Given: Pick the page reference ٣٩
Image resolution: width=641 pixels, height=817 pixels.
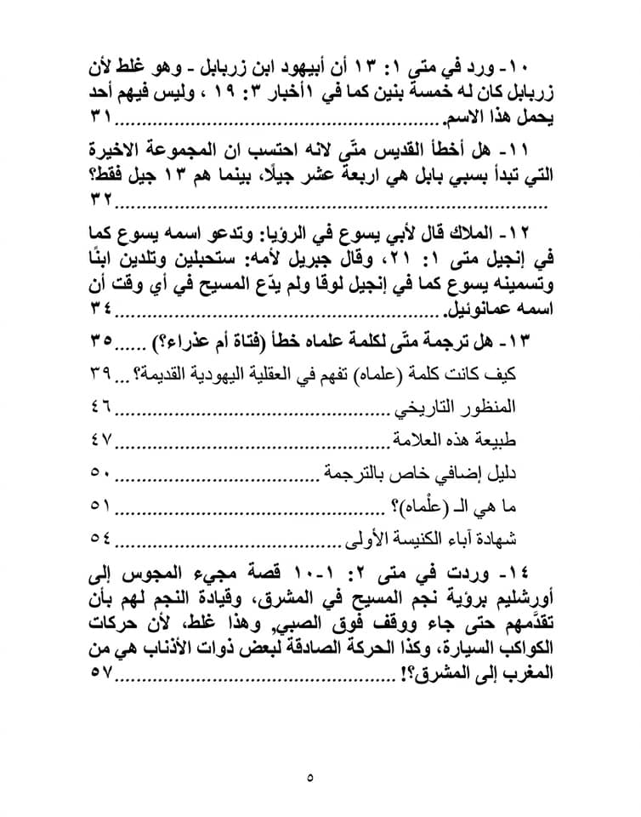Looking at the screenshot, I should point(101,375).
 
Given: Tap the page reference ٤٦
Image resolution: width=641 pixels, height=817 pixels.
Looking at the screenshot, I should point(101,408).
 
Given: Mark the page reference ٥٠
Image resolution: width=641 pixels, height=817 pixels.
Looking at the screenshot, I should point(101,473).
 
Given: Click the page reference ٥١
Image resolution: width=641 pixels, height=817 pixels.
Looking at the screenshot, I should point(101,506).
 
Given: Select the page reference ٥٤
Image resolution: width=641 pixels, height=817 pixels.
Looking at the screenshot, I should point(101,538).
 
